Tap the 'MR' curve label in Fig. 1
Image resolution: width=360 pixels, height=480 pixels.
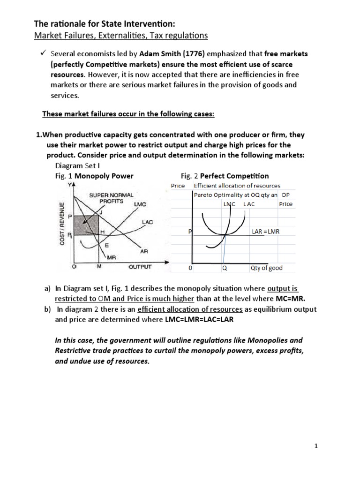(111, 257)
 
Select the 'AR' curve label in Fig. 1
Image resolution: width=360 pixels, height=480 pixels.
(144, 251)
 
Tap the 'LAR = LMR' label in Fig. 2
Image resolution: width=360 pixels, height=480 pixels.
(265, 232)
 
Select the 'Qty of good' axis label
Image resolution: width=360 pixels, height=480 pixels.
(266, 268)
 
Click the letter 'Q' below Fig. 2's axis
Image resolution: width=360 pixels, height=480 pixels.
(225, 269)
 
